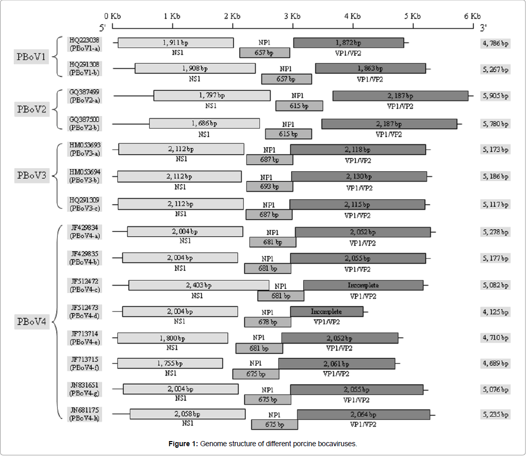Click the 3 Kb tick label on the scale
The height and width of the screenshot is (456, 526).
pyautogui.click(x=292, y=15)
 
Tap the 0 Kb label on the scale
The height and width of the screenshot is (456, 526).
pyautogui.click(x=112, y=15)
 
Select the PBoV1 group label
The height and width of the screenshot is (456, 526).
pyautogui.click(x=31, y=56)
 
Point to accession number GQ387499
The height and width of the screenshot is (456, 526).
pyautogui.click(x=85, y=92)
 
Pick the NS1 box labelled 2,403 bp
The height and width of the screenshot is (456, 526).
pyautogui.click(x=199, y=285)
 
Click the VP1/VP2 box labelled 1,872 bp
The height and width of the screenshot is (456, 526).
pyautogui.click(x=349, y=43)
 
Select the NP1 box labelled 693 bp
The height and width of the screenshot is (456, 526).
pyautogui.click(x=269, y=187)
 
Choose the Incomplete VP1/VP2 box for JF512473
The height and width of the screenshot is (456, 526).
pyautogui.click(x=326, y=312)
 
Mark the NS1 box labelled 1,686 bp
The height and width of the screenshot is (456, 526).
pyautogui.click(x=204, y=123)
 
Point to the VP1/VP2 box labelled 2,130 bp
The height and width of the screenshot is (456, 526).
pyautogui.click(x=359, y=176)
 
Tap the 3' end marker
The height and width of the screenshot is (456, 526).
pyautogui.click(x=483, y=26)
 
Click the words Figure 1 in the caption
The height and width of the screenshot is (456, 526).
pyautogui.click(x=183, y=444)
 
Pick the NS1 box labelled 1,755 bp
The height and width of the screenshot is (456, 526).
pyautogui.click(x=170, y=363)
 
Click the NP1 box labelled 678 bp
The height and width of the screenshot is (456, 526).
pyautogui.click(x=267, y=322)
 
